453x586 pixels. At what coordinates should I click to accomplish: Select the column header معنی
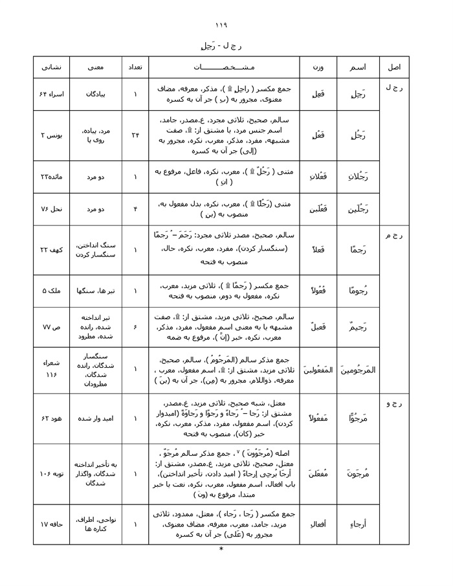(x=96, y=67)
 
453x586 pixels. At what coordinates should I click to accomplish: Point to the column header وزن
(x=318, y=67)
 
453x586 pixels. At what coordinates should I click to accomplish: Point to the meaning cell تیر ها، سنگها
(x=96, y=291)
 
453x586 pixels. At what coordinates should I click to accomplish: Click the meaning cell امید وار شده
(x=96, y=418)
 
